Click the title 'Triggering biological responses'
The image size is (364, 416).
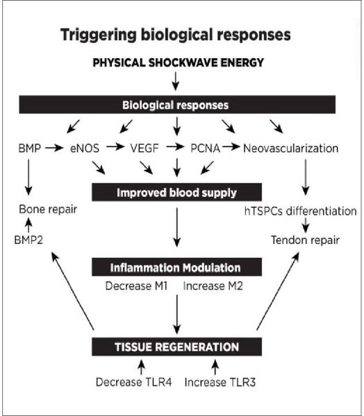pyautogui.click(x=176, y=35)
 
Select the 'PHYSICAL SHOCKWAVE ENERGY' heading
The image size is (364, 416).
pyautogui.click(x=178, y=63)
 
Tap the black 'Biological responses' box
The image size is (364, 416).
pyautogui.click(x=177, y=105)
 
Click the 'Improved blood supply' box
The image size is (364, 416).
pyautogui.click(x=177, y=192)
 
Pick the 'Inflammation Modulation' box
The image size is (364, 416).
pyautogui.click(x=177, y=267)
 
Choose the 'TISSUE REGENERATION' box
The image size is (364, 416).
pyautogui.click(x=177, y=347)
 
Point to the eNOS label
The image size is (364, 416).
pyautogui.click(x=85, y=148)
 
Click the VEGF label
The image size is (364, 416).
pyautogui.click(x=144, y=148)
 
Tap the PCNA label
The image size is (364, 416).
pyautogui.click(x=205, y=148)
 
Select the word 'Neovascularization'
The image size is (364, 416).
pyautogui.click(x=290, y=148)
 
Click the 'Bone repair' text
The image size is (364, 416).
pyautogui.click(x=48, y=209)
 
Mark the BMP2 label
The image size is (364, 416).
pyautogui.click(x=28, y=240)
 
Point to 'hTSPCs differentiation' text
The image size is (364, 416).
pyautogui.click(x=301, y=211)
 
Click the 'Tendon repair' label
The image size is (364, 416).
pyautogui.click(x=305, y=240)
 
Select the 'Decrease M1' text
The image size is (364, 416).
pyautogui.click(x=136, y=286)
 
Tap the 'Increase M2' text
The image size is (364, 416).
pyautogui.click(x=213, y=286)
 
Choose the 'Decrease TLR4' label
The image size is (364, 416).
pyautogui.click(x=134, y=382)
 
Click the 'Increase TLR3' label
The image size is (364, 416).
pyautogui.click(x=220, y=383)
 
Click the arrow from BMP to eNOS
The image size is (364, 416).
pyautogui.click(x=54, y=148)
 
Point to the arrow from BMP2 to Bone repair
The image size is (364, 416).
pyautogui.click(x=28, y=225)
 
